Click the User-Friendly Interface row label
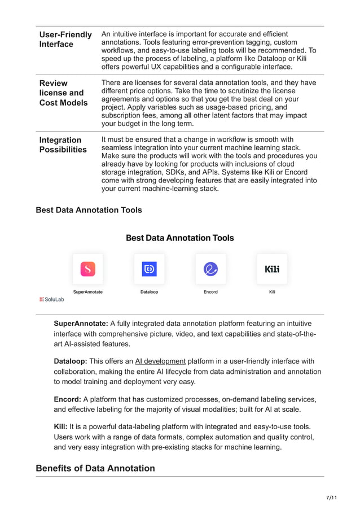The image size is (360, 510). tap(65, 40)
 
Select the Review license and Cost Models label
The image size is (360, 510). tap(63, 93)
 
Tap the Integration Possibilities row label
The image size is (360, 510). tap(63, 145)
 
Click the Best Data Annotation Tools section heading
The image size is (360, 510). tap(89, 210)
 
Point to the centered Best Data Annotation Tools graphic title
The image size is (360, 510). tap(179, 238)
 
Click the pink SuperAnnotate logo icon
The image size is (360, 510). tap(87, 269)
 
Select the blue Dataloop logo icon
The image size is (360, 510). tap(149, 269)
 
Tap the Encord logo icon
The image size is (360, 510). tap(210, 269)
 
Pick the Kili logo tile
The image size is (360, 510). tap(272, 269)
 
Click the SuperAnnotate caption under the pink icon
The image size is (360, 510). tap(87, 292)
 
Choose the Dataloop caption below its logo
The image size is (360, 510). tap(149, 292)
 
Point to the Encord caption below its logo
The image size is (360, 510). tap(210, 292)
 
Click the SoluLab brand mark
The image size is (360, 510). tap(51, 299)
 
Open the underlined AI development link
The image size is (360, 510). tap(160, 361)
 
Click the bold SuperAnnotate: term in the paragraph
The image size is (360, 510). tap(81, 324)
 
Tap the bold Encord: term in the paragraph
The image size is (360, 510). tap(67, 399)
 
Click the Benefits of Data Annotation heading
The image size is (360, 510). tap(95, 468)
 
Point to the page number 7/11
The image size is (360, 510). tap(331, 498)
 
